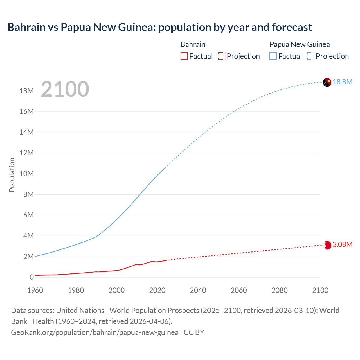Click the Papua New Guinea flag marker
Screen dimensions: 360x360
tap(327, 82)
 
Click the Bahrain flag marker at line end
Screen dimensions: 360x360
tap(327, 245)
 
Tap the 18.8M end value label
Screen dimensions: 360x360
tap(343, 82)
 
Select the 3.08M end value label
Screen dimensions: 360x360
tap(342, 244)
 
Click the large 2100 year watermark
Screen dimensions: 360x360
tap(65, 89)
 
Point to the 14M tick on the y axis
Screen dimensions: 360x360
tap(26, 132)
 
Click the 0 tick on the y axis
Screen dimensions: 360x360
tap(31, 277)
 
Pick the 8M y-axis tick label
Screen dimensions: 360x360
tap(28, 194)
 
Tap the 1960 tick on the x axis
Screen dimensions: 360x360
tap(35, 290)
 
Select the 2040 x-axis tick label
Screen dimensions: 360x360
tap(198, 290)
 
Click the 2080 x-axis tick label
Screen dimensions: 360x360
tap(280, 290)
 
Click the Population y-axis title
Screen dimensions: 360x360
tap(12, 175)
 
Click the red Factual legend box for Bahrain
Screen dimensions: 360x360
tap(184, 56)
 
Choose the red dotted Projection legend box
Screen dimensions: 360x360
tap(222, 56)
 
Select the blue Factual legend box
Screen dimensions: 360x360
tap(273, 56)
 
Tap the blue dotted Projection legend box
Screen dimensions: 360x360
tap(311, 56)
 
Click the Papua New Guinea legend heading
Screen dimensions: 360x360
tap(300, 44)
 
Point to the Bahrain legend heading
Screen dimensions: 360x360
tap(193, 44)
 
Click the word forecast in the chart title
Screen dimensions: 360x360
tap(292, 27)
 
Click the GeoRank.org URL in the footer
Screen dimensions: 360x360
tap(94, 332)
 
